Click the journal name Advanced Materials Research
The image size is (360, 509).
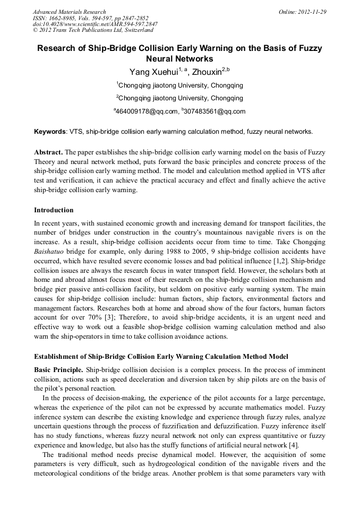tap(69, 11)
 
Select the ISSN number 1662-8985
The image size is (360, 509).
tap(62, 18)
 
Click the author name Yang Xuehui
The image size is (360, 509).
tap(153, 72)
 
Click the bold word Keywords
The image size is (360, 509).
tap(50, 131)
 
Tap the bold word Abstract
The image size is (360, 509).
tap(48, 151)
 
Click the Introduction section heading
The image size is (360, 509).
tap(54, 210)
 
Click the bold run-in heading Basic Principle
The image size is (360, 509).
tap(58, 369)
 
